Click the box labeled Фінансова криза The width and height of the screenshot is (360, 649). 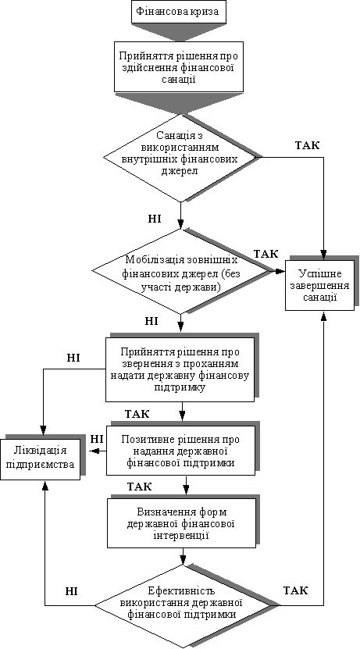[x=179, y=12]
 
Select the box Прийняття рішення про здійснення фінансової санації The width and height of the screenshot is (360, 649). [x=179, y=67]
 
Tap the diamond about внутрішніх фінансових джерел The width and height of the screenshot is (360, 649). [x=180, y=158]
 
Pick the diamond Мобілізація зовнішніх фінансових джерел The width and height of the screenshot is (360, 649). [x=181, y=271]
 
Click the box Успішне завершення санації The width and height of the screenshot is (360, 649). [x=319, y=285]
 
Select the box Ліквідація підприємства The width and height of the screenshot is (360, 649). [x=41, y=458]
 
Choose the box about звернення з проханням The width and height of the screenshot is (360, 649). [x=180, y=369]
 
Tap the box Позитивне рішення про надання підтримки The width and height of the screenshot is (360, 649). [x=180, y=451]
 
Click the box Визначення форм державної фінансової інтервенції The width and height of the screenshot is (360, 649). [x=181, y=523]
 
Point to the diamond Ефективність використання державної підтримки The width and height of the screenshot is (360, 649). [x=183, y=605]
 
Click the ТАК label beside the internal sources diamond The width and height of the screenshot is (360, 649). [x=308, y=146]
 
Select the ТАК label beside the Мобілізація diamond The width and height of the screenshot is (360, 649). [x=266, y=254]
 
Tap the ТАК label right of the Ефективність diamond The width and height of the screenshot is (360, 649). [x=295, y=590]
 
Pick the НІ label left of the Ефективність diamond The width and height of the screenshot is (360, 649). [x=72, y=590]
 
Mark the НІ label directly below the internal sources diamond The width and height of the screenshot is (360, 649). [x=155, y=218]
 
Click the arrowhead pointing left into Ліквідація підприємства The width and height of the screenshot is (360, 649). [x=94, y=451]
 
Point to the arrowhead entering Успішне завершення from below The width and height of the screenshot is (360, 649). [x=323, y=316]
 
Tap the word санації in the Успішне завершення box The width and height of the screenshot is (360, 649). [x=319, y=298]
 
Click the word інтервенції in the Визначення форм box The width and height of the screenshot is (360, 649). [x=182, y=536]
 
